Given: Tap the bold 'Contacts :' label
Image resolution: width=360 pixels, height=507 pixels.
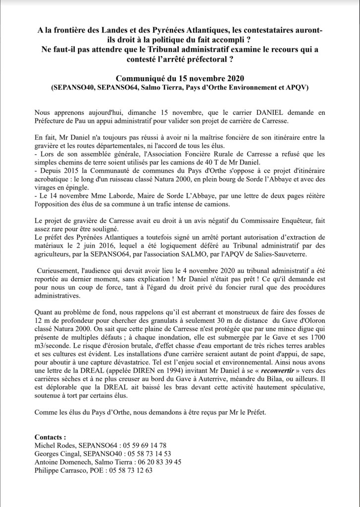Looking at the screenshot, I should (51, 437).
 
